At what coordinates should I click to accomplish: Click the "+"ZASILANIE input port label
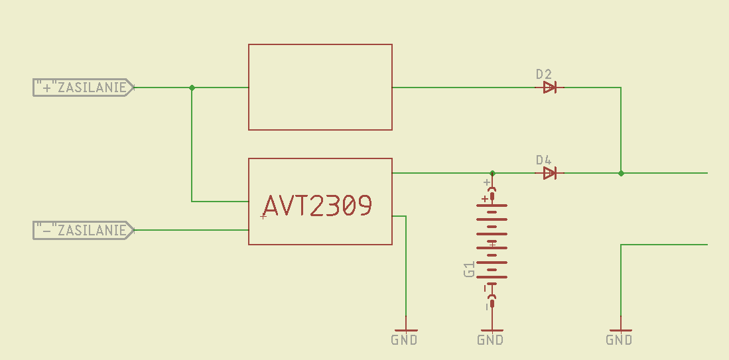tap(84, 88)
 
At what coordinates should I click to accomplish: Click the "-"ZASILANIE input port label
tap(84, 231)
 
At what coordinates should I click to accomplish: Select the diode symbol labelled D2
tap(549, 88)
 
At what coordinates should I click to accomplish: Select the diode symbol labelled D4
tap(549, 173)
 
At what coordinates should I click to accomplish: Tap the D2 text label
tap(543, 74)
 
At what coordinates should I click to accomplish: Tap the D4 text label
tap(543, 160)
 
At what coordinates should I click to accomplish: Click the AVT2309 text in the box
tap(318, 206)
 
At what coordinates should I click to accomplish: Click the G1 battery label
tap(469, 269)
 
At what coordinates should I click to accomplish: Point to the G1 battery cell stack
tap(492, 241)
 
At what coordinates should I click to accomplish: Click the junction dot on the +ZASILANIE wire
tap(192, 88)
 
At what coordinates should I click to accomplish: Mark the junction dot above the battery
tap(493, 173)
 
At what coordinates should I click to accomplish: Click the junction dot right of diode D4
tap(621, 173)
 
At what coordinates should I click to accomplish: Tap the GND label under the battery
tap(490, 340)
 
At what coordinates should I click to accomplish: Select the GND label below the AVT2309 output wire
tap(405, 340)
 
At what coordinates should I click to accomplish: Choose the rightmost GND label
tap(620, 340)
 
